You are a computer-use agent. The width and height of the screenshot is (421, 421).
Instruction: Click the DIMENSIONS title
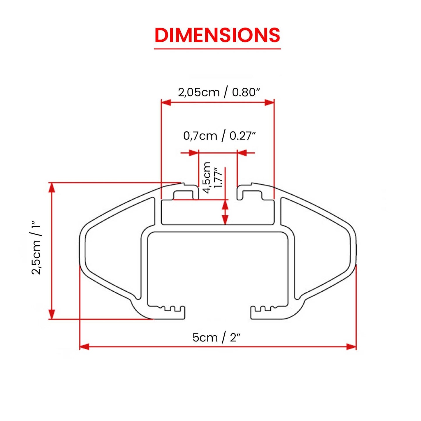pyautogui.click(x=217, y=35)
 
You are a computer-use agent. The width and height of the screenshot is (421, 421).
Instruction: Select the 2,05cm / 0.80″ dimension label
pyautogui.click(x=219, y=92)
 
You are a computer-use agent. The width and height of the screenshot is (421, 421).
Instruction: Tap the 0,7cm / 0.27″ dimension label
pyautogui.click(x=219, y=136)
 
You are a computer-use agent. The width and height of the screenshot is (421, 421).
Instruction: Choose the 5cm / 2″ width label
pyautogui.click(x=216, y=337)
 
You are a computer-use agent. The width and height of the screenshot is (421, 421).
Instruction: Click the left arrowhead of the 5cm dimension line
pyautogui.click(x=84, y=347)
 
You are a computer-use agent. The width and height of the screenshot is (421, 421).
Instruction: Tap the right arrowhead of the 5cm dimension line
pyautogui.click(x=351, y=347)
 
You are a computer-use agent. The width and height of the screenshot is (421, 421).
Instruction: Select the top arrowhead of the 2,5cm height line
pyautogui.click(x=52, y=188)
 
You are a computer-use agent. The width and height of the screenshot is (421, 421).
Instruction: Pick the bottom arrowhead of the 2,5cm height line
pyautogui.click(x=52, y=314)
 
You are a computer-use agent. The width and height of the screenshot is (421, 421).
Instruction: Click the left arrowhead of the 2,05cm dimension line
pyautogui.click(x=166, y=102)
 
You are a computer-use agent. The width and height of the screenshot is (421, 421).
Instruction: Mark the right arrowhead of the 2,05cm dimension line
pyautogui.click(x=269, y=102)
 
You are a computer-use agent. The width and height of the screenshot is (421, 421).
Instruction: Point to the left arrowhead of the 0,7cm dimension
pyautogui.click(x=194, y=153)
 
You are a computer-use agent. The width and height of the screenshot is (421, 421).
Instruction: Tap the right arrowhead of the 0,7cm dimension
pyautogui.click(x=242, y=153)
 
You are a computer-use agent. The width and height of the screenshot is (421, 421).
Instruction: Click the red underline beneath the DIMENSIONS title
pyautogui.click(x=217, y=49)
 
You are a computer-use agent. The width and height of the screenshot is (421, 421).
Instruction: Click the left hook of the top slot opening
pyautogui.click(x=186, y=191)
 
